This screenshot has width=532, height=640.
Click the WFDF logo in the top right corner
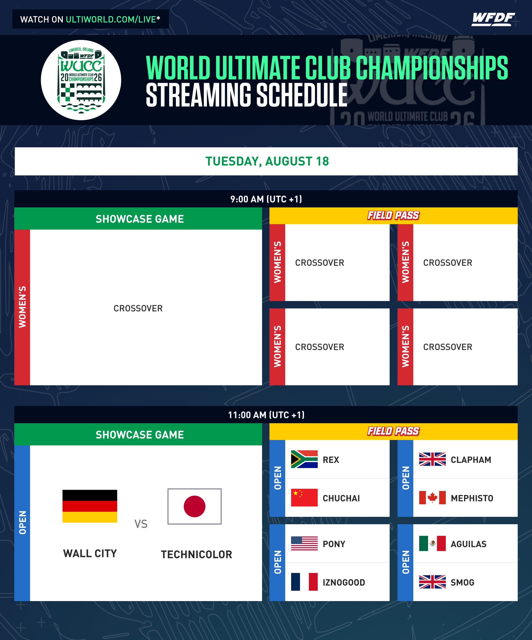tap(493, 19)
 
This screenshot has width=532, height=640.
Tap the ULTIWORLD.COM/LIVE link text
tap(111, 19)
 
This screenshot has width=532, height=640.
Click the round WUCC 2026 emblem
tap(81, 80)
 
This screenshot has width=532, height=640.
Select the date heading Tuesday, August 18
tap(267, 161)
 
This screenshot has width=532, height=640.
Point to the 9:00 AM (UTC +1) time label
tap(266, 199)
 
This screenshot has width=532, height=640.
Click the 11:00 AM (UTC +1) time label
tap(266, 415)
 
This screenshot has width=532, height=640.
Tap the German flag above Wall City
tap(90, 506)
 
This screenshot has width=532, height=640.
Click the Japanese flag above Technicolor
tap(194, 506)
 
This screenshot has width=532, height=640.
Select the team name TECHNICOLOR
tap(197, 554)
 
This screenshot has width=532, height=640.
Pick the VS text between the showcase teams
tap(141, 524)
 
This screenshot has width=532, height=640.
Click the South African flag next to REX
tap(304, 459)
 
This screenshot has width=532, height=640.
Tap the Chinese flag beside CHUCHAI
tap(304, 498)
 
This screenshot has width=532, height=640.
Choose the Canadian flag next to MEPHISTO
tap(432, 498)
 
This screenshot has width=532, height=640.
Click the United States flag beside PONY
tap(304, 544)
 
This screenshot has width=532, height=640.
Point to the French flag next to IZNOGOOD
tap(304, 582)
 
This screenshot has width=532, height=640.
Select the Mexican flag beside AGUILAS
tap(432, 543)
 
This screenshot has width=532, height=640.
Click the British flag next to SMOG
tap(432, 582)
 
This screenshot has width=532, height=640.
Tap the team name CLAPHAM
tap(471, 460)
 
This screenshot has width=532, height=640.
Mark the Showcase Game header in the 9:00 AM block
tap(140, 219)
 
